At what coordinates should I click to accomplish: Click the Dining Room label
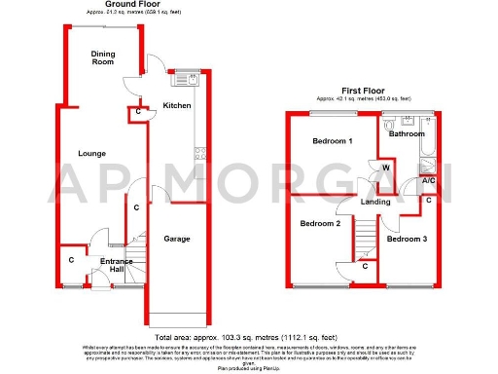102,57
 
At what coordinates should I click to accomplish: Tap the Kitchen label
176,105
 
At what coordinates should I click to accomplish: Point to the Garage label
176,239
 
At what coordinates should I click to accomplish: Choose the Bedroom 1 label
332,142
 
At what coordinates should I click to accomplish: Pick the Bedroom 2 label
319,223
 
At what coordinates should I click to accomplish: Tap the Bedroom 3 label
406,239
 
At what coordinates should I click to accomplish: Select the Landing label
375,203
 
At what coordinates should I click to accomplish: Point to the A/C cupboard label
427,181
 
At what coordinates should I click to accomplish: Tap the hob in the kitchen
200,153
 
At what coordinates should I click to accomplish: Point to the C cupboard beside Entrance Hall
71,260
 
